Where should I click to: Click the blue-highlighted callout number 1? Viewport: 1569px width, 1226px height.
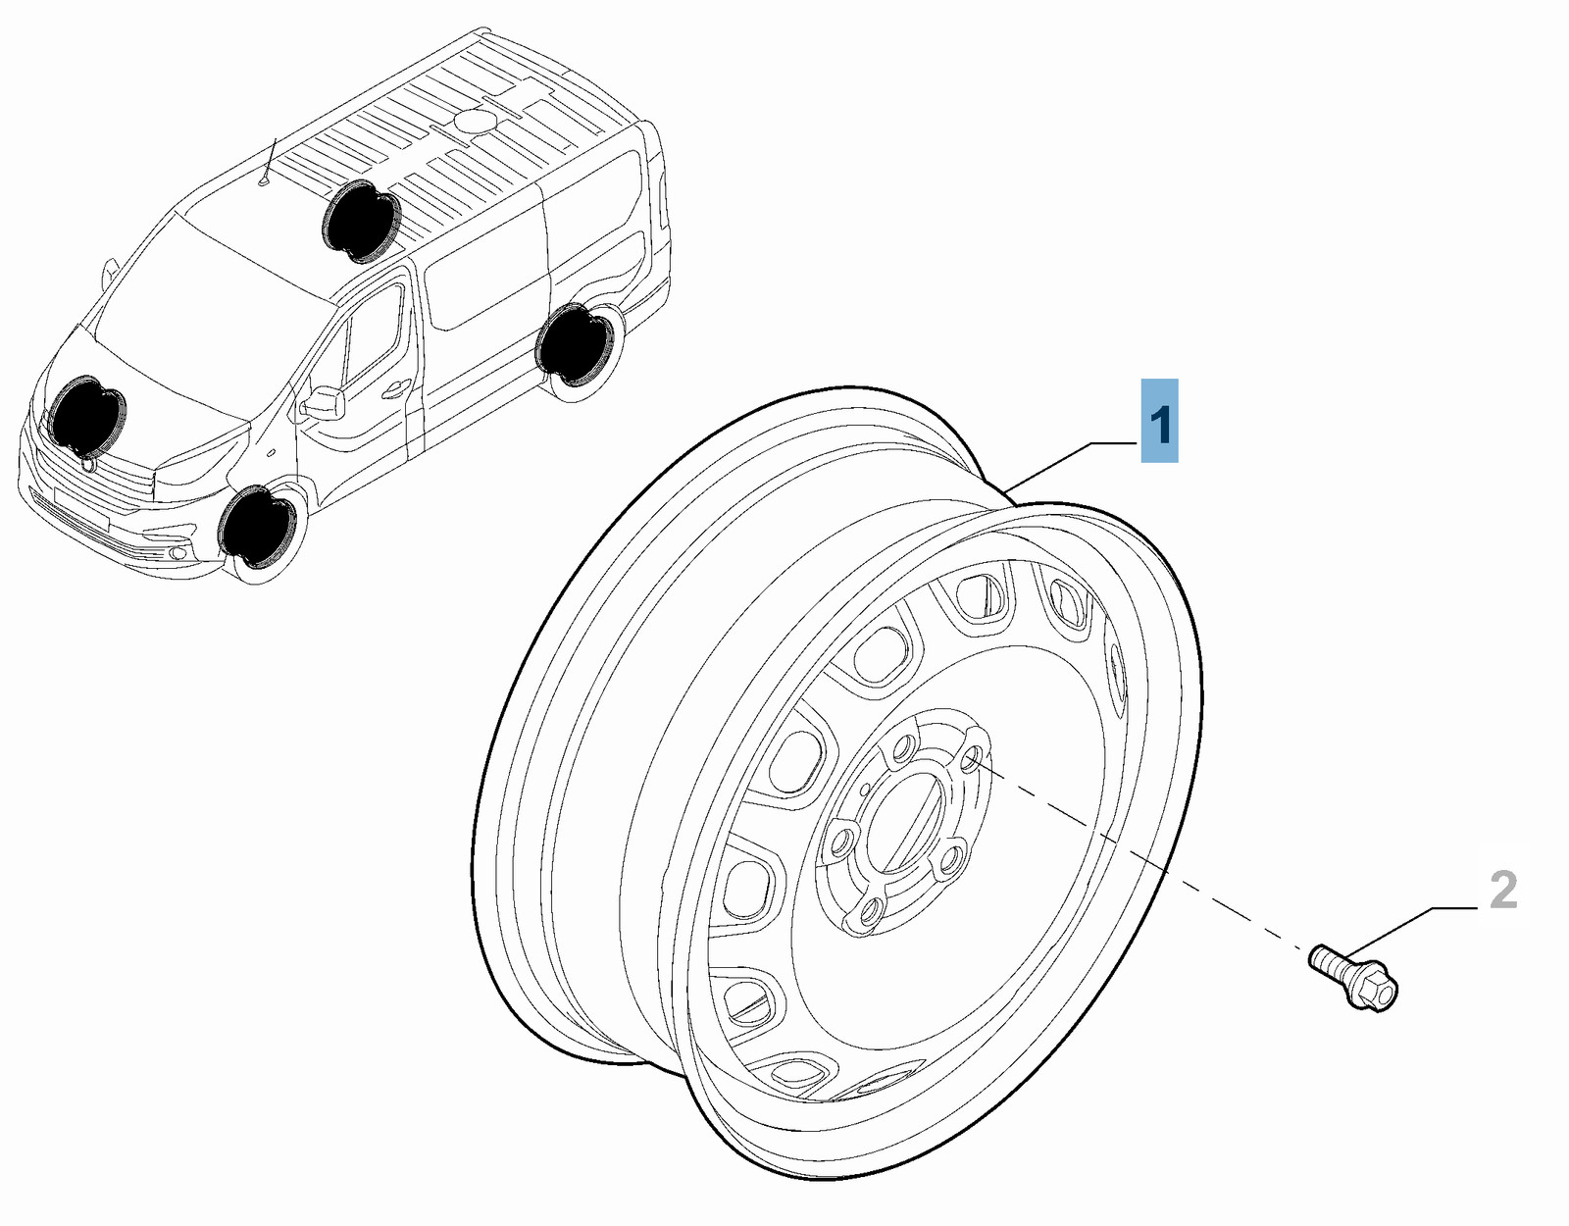(1159, 421)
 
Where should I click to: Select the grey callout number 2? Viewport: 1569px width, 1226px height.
(1501, 891)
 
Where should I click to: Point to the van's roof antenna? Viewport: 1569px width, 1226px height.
(269, 163)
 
